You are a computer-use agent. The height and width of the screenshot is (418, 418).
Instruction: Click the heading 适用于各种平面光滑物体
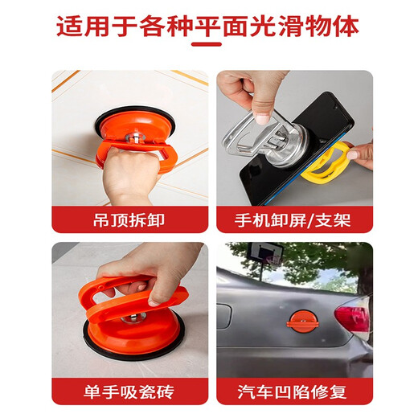click(209, 27)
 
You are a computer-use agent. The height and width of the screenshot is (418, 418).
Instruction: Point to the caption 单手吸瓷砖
click(129, 391)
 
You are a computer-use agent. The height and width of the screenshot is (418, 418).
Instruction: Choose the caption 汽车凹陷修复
click(294, 391)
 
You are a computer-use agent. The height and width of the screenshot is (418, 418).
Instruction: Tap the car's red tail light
click(354, 318)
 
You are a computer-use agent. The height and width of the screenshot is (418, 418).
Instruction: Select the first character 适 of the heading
click(70, 27)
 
